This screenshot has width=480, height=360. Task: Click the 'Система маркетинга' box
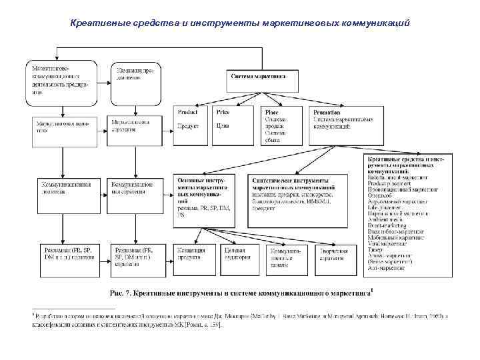(x=260, y=77)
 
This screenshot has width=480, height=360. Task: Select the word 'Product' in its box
(x=187, y=113)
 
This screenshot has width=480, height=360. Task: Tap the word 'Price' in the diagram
(x=223, y=113)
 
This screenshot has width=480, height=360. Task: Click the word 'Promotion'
(x=327, y=113)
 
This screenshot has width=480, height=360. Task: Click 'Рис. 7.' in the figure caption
(x=121, y=292)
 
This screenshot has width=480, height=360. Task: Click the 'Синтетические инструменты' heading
(x=291, y=181)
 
